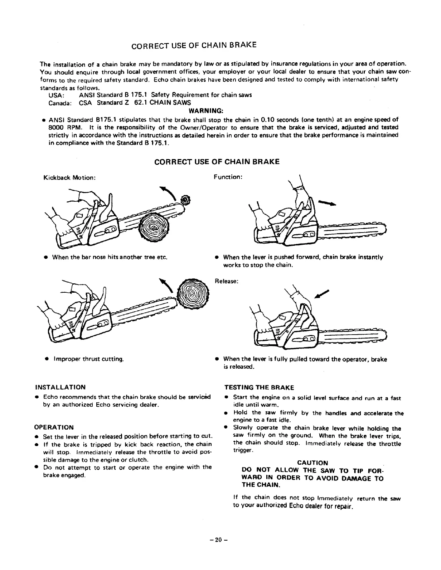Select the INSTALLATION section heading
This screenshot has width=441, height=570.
point(60,387)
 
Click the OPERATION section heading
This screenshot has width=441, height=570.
point(54,427)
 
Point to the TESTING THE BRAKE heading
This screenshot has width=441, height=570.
point(259,388)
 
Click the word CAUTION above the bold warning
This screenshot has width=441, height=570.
point(312,463)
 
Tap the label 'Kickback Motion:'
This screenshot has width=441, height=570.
point(69,177)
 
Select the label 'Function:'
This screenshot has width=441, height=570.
point(228,177)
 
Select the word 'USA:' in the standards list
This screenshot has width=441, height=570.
point(56,95)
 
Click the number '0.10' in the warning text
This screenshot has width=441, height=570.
point(267,120)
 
